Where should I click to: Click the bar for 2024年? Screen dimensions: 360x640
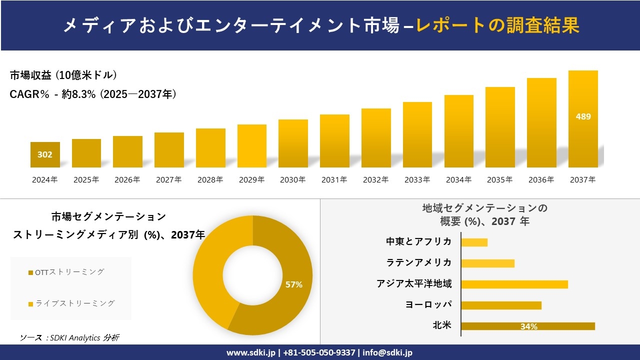pyautogui.click(x=45, y=155)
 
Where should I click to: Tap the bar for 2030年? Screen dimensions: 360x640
pyautogui.click(x=293, y=143)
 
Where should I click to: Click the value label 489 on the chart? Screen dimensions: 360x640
pyautogui.click(x=583, y=116)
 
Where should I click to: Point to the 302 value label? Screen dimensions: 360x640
pyautogui.click(x=45, y=154)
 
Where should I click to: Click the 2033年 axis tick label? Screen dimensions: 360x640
pyautogui.click(x=417, y=180)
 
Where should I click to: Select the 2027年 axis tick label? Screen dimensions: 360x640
pyautogui.click(x=168, y=180)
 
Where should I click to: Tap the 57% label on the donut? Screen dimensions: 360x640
pyautogui.click(x=293, y=284)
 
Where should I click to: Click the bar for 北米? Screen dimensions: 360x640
pyautogui.click(x=527, y=326)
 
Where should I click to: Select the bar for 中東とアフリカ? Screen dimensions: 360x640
pyautogui.click(x=474, y=242)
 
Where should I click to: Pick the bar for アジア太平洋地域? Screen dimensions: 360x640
pyautogui.click(x=514, y=284)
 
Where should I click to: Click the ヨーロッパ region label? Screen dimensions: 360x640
pyautogui.click(x=428, y=304)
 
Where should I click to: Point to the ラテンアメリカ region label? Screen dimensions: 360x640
pyautogui.click(x=418, y=262)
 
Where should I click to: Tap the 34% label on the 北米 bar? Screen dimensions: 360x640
pyautogui.click(x=528, y=326)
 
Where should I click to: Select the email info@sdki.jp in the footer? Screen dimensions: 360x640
pyautogui.click(x=387, y=352)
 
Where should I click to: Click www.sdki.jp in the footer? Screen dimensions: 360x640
pyautogui.click(x=251, y=352)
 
